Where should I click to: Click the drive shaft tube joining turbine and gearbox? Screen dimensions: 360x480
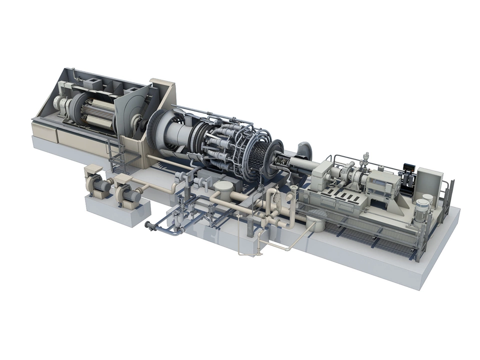300,165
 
